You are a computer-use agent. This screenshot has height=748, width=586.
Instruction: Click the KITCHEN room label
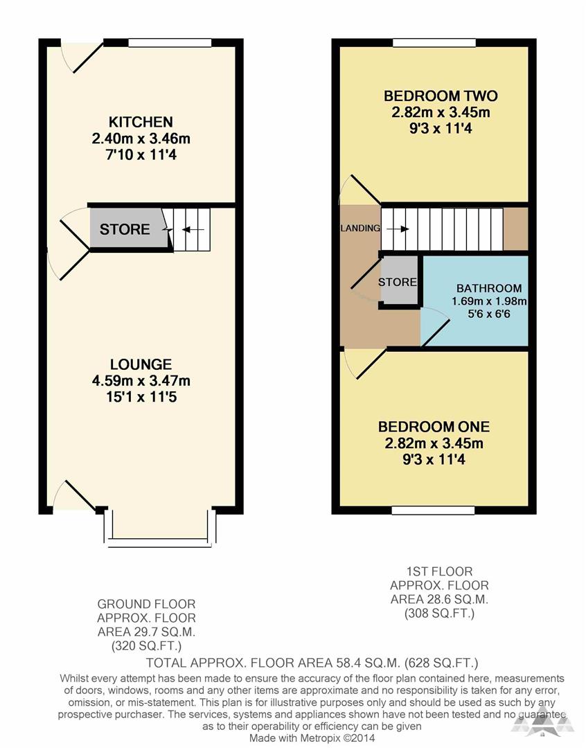coord(141,122)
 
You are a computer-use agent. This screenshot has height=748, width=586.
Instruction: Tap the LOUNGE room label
coord(141,364)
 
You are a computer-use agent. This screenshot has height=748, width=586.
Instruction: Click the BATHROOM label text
coord(488,288)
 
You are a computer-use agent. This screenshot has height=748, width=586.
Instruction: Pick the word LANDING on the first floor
coord(360,228)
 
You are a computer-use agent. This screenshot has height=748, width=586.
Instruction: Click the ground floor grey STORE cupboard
coord(127,229)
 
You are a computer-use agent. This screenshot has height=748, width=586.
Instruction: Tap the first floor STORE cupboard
coord(398,282)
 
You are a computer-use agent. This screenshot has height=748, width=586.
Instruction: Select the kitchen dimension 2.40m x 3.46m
coord(141,139)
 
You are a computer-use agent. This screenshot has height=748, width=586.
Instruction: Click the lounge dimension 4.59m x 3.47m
coord(141,380)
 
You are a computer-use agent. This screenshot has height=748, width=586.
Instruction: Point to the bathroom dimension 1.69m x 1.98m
coord(489,301)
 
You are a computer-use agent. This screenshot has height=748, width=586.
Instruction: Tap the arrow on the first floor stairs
coord(400,229)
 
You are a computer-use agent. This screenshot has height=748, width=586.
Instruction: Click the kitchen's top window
coord(170,43)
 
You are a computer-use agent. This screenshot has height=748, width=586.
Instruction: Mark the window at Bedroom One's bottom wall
coord(433,510)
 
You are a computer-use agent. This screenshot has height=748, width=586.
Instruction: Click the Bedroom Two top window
coord(434,43)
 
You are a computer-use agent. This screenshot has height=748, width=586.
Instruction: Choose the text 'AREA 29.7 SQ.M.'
coord(146,631)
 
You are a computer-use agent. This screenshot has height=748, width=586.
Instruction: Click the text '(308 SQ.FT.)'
coord(430,613)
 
